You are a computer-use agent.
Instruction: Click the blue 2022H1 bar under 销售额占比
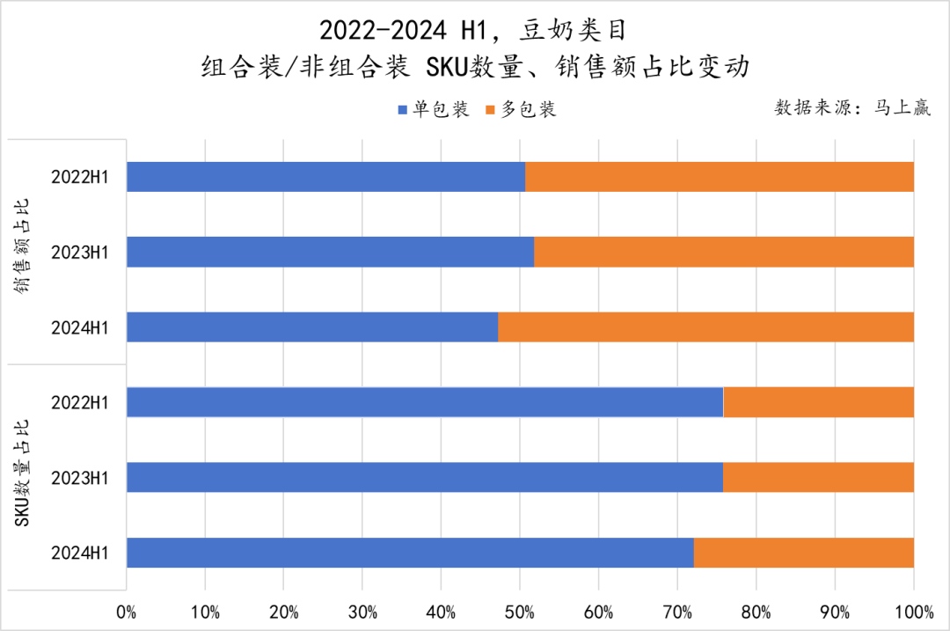[x=325, y=177]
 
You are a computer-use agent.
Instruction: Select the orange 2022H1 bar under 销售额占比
[x=720, y=177]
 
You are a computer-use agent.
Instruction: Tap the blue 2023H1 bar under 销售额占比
[x=330, y=252]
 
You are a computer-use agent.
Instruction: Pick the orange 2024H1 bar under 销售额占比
[x=705, y=327]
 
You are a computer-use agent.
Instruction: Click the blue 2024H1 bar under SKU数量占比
[x=410, y=553]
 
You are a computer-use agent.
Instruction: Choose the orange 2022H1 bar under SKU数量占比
[x=818, y=402]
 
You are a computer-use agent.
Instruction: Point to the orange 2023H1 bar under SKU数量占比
[x=818, y=477]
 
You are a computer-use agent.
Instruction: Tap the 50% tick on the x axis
[x=520, y=611]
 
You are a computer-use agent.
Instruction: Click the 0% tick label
[x=127, y=611]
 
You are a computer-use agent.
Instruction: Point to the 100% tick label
[x=913, y=611]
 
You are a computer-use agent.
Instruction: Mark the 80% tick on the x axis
[x=756, y=611]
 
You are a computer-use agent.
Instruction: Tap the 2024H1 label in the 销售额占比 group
[x=79, y=327]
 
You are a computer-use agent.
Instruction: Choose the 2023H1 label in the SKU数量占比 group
[x=79, y=477]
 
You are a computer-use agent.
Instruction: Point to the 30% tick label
[x=362, y=611]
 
